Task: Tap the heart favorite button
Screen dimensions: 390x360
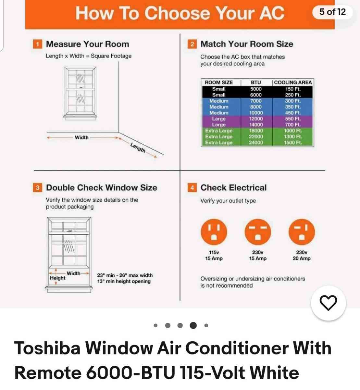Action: [328, 303]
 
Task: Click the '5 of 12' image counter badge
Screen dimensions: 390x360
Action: [332, 12]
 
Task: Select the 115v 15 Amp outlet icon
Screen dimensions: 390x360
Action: [214, 232]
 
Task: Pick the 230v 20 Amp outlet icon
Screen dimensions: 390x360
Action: [302, 232]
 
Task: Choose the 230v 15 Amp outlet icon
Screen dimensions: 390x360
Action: [258, 232]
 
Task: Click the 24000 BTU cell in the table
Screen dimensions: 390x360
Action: [256, 143]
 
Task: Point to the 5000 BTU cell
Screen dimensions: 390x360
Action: [256, 89]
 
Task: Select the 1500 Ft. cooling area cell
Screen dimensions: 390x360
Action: [293, 143]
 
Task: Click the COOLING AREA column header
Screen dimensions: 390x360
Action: [292, 83]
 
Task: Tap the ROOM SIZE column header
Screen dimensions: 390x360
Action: [219, 83]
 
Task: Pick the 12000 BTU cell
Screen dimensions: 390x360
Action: [256, 119]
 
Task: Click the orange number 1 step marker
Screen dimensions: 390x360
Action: [38, 44]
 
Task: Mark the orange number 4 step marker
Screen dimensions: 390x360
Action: [192, 188]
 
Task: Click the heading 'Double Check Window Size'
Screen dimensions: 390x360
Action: [102, 188]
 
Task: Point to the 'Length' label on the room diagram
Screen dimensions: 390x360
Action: [138, 148]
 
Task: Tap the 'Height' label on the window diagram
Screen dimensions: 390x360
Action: [57, 278]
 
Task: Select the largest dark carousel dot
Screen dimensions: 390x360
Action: [193, 325]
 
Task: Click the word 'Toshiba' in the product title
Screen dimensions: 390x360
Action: [47, 348]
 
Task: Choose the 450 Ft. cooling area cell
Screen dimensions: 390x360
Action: [293, 113]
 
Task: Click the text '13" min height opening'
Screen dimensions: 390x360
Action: [124, 281]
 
